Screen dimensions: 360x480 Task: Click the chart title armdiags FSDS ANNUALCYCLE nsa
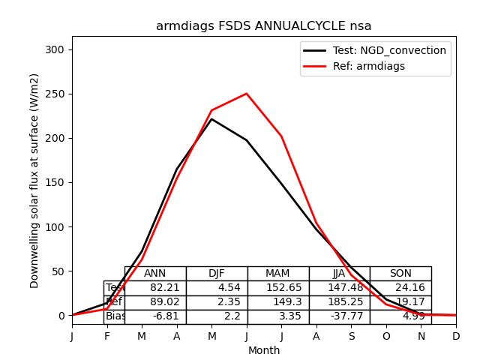tap(263, 26)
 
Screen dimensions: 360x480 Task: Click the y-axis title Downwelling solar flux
tap(34, 180)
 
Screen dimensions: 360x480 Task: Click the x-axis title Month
tap(264, 350)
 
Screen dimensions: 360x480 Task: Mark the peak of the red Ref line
tap(247, 94)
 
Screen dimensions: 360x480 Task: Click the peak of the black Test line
tap(211, 119)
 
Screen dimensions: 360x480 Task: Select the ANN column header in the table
tap(155, 274)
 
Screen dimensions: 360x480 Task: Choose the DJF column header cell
tap(217, 274)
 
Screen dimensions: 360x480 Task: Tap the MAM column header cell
tap(277, 274)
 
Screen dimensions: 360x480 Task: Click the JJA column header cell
tap(339, 274)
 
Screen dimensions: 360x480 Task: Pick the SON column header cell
tap(400, 274)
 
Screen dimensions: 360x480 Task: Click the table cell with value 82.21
tap(155, 288)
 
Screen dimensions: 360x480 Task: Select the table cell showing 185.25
tap(339, 302)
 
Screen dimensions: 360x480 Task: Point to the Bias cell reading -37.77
tap(339, 316)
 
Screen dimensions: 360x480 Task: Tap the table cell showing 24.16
tap(400, 288)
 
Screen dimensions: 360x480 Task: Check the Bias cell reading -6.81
tap(155, 316)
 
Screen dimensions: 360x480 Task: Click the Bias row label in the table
tap(115, 316)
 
